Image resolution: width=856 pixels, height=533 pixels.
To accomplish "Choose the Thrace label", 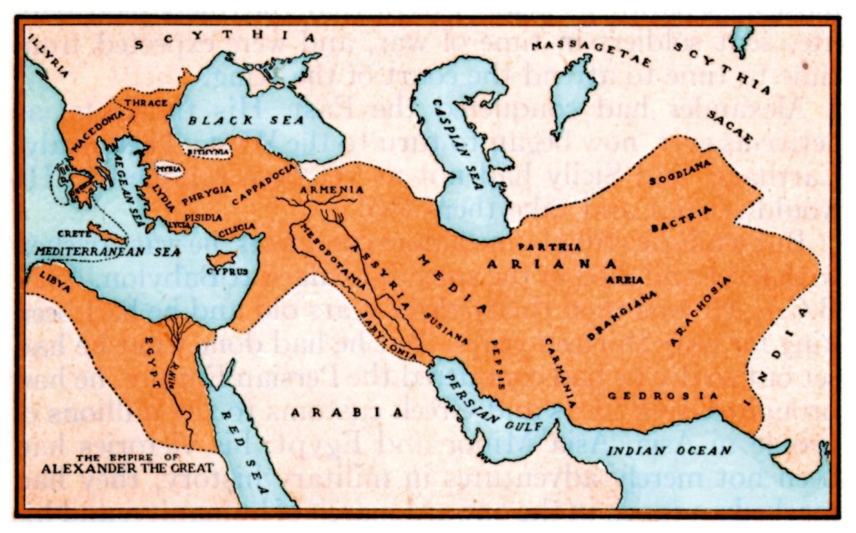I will click(145, 102).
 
